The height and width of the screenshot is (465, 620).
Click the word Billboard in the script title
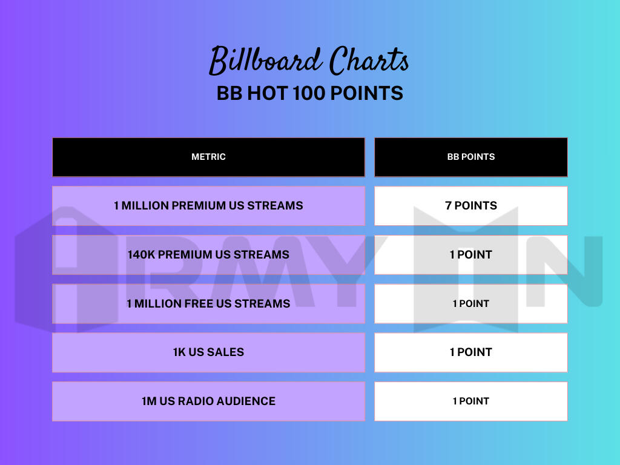(x=265, y=61)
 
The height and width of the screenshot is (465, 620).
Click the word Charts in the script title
(x=369, y=61)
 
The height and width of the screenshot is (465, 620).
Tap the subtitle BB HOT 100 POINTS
(x=309, y=93)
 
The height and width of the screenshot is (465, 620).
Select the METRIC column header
(x=208, y=157)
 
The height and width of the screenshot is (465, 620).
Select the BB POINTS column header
(x=470, y=157)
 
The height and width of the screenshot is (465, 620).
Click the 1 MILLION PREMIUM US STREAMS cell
(x=208, y=206)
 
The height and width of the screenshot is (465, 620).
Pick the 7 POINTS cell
(x=470, y=206)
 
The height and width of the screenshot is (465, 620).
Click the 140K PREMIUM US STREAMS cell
(x=208, y=255)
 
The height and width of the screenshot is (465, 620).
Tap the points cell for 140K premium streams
(x=470, y=255)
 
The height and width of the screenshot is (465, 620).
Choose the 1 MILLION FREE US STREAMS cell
(x=208, y=303)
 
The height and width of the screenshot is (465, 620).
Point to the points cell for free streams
(x=470, y=303)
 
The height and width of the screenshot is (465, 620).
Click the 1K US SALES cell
(x=208, y=352)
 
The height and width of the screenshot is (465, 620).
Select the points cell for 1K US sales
(x=470, y=352)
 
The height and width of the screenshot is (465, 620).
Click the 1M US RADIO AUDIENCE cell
(x=208, y=401)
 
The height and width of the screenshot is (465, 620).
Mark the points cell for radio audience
(x=470, y=401)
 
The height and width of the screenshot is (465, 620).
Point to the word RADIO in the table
(x=198, y=401)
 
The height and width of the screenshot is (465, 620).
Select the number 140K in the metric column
(x=142, y=255)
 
